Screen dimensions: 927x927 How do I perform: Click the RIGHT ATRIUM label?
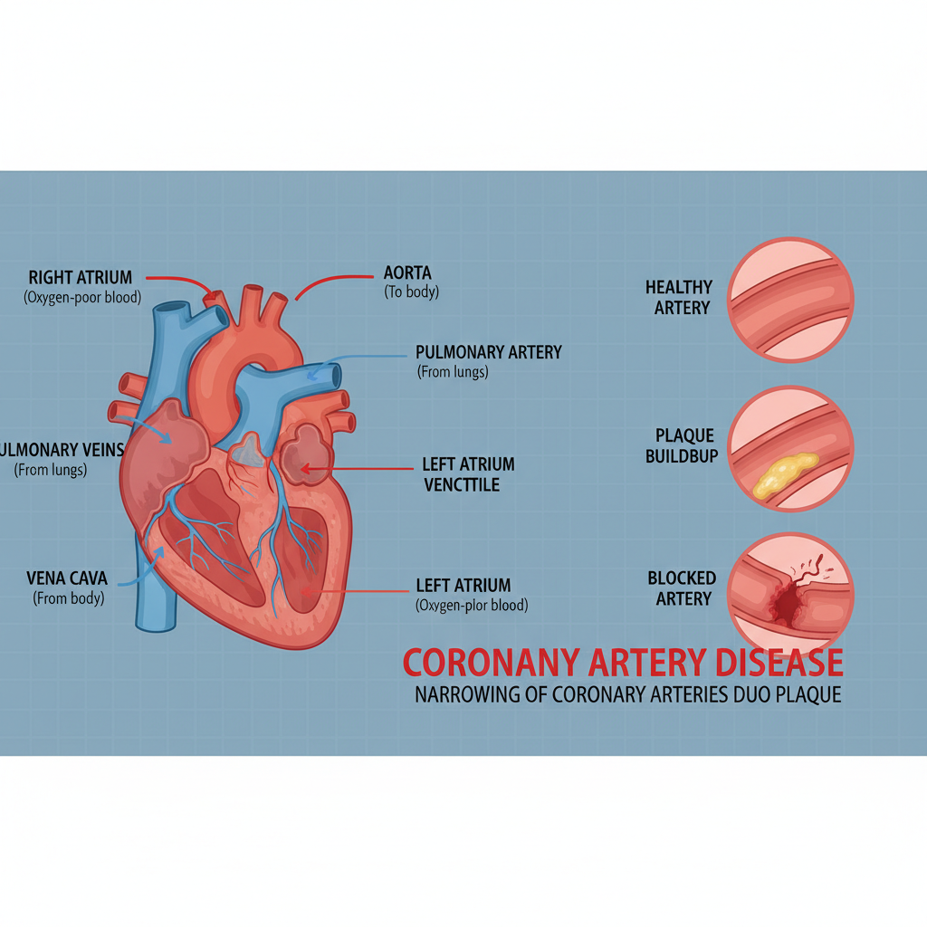click(81, 277)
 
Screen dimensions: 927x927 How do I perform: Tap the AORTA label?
click(408, 272)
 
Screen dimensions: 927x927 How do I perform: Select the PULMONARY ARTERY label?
click(489, 351)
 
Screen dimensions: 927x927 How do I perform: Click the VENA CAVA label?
click(68, 578)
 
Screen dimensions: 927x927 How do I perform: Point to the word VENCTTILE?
click(462, 485)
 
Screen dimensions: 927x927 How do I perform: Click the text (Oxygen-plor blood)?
click(472, 606)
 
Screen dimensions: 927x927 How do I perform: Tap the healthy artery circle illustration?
click(790, 300)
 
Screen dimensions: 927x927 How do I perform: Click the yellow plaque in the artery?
click(783, 474)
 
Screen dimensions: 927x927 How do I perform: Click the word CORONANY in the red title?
click(490, 664)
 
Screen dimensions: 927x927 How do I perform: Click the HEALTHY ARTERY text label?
click(679, 297)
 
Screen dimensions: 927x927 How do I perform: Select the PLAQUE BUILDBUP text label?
click(682, 446)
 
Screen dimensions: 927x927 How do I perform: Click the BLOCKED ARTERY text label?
click(682, 588)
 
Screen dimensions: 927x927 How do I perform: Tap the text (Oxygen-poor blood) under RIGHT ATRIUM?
click(82, 297)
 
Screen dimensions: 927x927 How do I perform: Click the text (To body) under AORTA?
click(412, 292)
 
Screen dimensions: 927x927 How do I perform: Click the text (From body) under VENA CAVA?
click(69, 597)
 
